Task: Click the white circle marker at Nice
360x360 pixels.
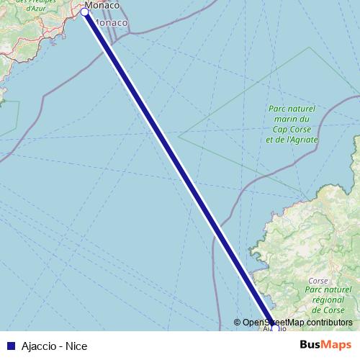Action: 85,12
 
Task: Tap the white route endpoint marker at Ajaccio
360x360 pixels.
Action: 274,328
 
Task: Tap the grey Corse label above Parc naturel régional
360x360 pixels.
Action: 318,280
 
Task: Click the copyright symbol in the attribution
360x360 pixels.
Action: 238,323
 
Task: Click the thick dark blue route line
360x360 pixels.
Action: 173,158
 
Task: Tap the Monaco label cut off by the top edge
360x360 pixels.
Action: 102,5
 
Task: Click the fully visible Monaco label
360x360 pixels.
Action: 112,23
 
